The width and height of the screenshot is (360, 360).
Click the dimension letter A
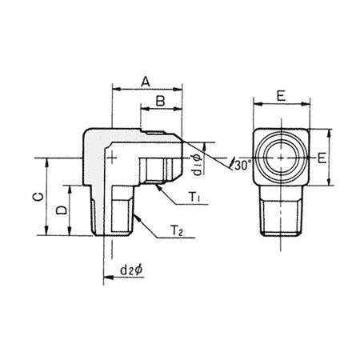146,82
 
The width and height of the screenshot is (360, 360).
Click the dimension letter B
160,101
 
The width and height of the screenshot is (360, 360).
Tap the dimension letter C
38,197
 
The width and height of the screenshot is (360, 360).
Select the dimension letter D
62,210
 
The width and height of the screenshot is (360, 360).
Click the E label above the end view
281,96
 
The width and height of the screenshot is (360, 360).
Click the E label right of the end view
322,158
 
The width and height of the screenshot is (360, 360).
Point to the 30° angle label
242,166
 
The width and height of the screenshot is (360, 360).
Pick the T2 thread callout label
177,230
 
